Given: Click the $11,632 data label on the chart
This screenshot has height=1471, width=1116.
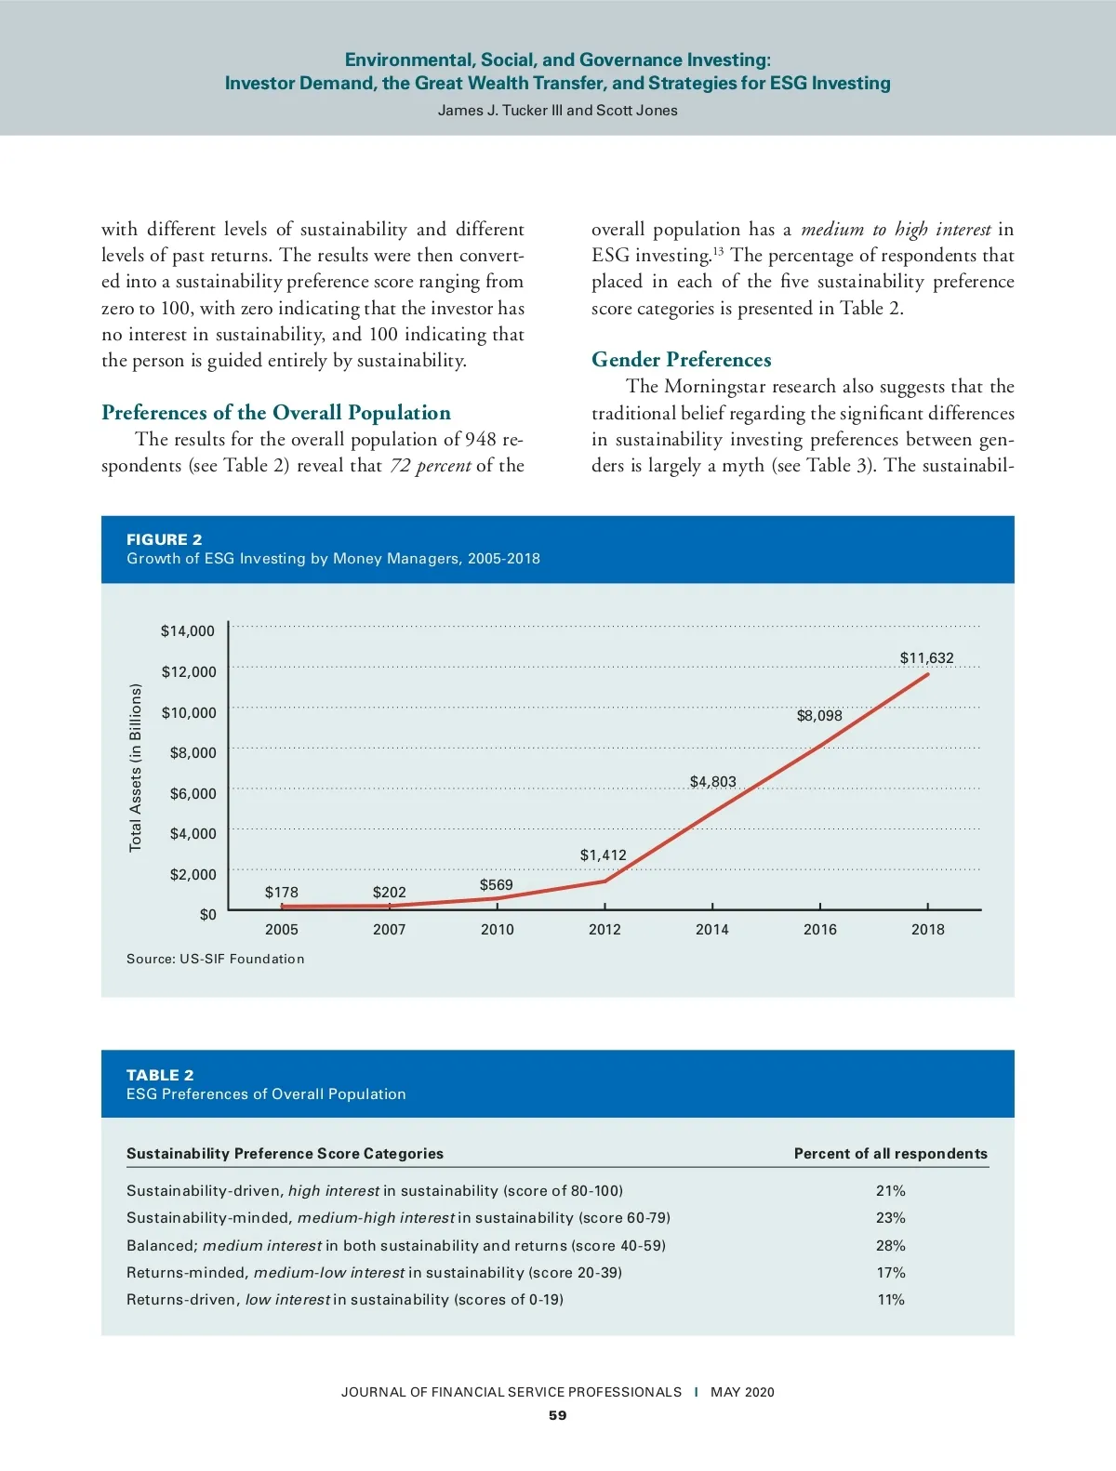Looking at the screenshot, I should coord(926,658).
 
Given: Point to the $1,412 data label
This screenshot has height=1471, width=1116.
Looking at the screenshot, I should coord(604,855).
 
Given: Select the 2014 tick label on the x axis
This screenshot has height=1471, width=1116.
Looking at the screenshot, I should coord(712,930).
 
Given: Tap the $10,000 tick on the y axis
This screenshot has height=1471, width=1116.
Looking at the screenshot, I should coord(189,713).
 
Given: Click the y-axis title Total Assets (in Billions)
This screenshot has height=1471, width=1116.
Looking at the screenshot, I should coord(136,768).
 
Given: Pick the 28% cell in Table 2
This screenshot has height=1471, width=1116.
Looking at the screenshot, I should coord(890,1246).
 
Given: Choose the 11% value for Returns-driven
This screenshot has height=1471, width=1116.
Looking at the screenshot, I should coord(890,1300).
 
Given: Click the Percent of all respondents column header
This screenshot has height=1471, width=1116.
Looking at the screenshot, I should coord(890,1154).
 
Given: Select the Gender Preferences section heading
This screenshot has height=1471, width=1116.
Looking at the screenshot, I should coord(682,360).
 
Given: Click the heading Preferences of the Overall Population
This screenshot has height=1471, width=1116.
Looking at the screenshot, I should coord(276,413).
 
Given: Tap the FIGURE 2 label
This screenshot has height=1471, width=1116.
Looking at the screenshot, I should coord(165,540).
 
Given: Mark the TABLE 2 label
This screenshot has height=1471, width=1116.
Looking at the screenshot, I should coord(161,1076).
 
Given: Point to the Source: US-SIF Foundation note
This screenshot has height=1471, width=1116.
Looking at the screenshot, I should coord(216,960).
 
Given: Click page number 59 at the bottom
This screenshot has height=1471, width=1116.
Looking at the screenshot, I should coord(557,1416).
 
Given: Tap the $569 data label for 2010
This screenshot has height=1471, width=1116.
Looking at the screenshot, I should coord(496,885).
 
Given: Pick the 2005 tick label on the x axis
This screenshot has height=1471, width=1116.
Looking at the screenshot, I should coord(282,930).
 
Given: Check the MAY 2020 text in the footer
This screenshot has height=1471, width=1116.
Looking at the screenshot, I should coord(742,1393).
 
